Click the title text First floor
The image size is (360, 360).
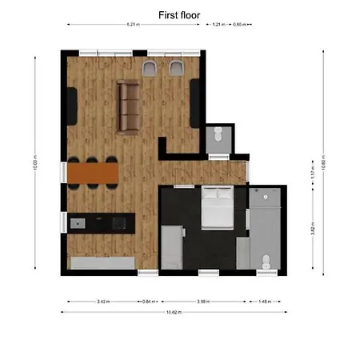180,14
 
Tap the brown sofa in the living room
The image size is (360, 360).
128,106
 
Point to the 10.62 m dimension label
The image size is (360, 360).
172,311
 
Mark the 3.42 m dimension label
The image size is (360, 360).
102,302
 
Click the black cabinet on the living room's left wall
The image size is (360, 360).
71,106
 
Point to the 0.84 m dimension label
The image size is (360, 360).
147,302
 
